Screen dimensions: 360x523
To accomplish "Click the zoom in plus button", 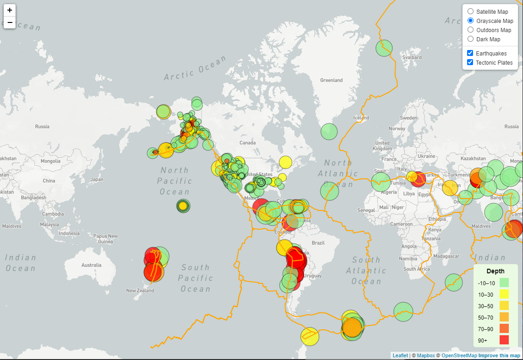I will click(x=10, y=10).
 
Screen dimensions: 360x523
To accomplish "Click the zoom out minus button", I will click(x=10, y=22).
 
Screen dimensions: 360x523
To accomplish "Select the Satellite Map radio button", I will click(x=470, y=11).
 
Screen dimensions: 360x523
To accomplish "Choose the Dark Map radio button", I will click(x=470, y=39).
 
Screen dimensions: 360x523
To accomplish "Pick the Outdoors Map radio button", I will click(x=470, y=30).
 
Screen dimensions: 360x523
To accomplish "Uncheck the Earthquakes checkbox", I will click(x=470, y=53).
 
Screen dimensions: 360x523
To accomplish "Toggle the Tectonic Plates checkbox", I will click(x=470, y=62).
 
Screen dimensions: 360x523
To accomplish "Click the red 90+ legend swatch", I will click(x=504, y=340).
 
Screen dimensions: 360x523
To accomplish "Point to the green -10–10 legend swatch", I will click(x=504, y=282).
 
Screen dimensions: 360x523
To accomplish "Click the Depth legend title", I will click(x=495, y=271).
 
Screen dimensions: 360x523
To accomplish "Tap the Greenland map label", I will click(x=331, y=80).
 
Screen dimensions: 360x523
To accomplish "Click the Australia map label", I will click(x=91, y=265).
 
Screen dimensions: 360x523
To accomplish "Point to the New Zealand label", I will click(x=140, y=290).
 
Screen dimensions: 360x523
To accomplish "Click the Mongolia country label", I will click(x=50, y=161).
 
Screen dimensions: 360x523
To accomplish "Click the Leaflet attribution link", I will click(x=400, y=355).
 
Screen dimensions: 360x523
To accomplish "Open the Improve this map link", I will click(x=499, y=355).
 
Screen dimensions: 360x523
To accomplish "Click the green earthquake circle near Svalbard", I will click(x=385, y=48).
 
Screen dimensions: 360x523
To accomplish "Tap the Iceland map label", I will click(x=361, y=118).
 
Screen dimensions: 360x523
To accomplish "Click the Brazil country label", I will click(x=318, y=243).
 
